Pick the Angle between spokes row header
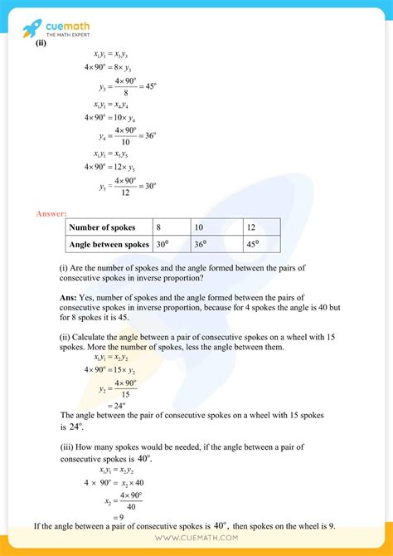(x=109, y=245)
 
